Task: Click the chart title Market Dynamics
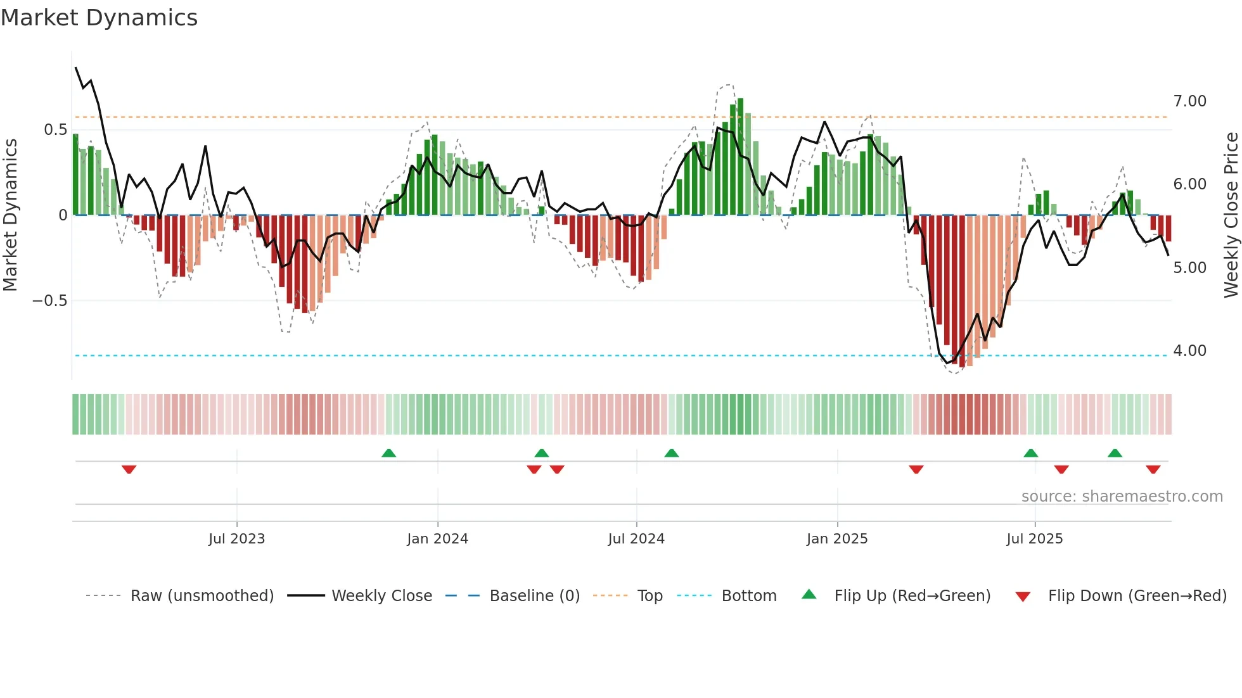(x=99, y=18)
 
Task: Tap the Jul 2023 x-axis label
(x=236, y=539)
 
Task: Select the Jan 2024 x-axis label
(x=437, y=539)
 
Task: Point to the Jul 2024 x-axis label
(x=636, y=539)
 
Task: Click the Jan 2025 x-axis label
(x=837, y=539)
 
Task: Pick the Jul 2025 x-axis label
(x=1035, y=539)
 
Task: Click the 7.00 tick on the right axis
(x=1190, y=101)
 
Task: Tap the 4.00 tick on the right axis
(x=1190, y=351)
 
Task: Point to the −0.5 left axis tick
(x=50, y=301)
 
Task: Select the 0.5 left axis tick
(x=55, y=130)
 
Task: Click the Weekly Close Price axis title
(x=1231, y=215)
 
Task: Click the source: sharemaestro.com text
(x=1122, y=497)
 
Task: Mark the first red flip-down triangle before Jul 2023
(x=129, y=469)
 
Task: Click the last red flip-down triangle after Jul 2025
(x=1153, y=469)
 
